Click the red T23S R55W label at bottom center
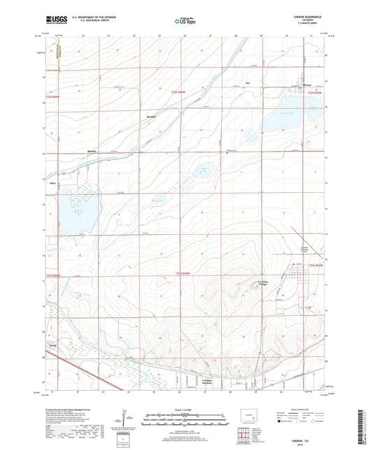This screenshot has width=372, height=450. click(183, 273)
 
